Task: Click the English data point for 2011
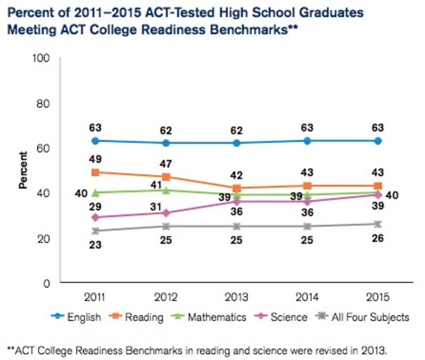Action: tap(95, 141)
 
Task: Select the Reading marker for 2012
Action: tap(166, 177)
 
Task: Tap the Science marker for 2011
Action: tap(95, 218)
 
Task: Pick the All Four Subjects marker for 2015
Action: tap(378, 224)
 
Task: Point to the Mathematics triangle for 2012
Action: tap(166, 190)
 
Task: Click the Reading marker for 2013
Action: tap(236, 188)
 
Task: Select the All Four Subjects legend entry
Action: tap(363, 317)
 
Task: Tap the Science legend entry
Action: tap(281, 317)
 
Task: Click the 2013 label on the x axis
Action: tap(236, 295)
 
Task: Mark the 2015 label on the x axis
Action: tap(378, 295)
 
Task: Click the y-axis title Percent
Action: tap(23, 170)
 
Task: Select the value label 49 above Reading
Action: tap(96, 159)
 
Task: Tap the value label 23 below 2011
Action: tap(96, 245)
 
